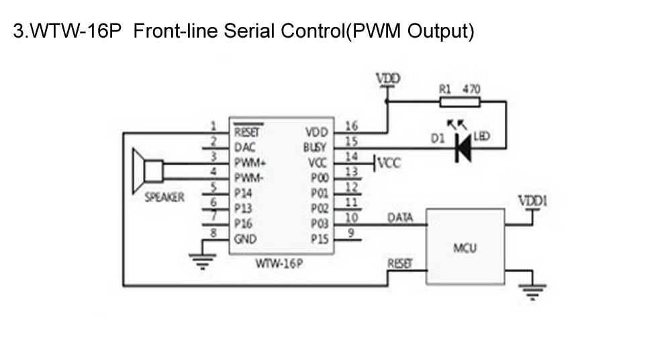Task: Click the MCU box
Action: pyautogui.click(x=465, y=246)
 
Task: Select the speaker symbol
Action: pyautogui.click(x=148, y=171)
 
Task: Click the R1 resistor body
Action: pyautogui.click(x=459, y=102)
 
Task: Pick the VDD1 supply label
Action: pyautogui.click(x=533, y=201)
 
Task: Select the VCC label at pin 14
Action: pyautogui.click(x=389, y=163)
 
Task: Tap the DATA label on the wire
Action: pyautogui.click(x=400, y=218)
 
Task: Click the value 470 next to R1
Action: pyautogui.click(x=471, y=89)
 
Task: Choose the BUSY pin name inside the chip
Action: pyautogui.click(x=315, y=147)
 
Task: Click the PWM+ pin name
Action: pyautogui.click(x=250, y=163)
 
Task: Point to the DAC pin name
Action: pyautogui.click(x=245, y=148)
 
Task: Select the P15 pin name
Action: pyautogui.click(x=320, y=239)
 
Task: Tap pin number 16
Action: pyautogui.click(x=351, y=126)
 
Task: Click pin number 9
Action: pyautogui.click(x=351, y=232)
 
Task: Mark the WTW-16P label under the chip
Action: pyautogui.click(x=279, y=263)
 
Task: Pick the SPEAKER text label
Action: pyautogui.click(x=164, y=197)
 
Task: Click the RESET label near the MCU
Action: pyautogui.click(x=400, y=263)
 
